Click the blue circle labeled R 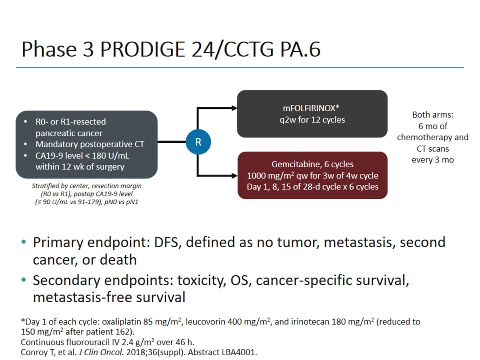point(198,142)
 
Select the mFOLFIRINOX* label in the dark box point(312,108)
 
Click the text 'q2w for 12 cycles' point(312,120)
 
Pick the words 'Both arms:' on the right point(433,115)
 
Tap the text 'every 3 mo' point(433,159)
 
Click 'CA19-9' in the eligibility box point(50,156)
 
